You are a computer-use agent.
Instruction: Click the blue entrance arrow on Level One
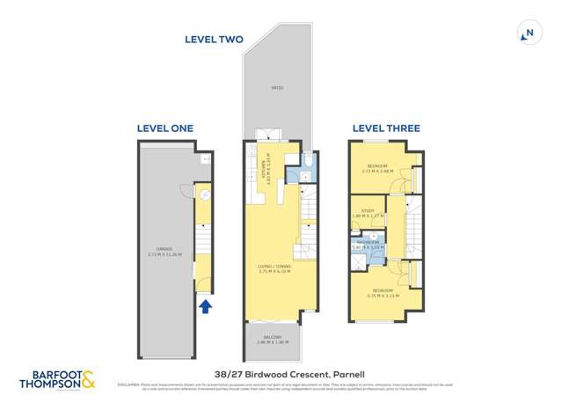(206, 306)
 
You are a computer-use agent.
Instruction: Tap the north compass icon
(528, 33)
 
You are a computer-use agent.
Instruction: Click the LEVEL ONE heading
(164, 128)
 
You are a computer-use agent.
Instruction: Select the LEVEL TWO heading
(214, 39)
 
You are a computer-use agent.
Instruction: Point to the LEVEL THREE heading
(386, 128)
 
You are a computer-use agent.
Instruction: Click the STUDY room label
(368, 211)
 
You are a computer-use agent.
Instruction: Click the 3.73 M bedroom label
(379, 168)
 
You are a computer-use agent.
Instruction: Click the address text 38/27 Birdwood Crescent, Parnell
(281, 373)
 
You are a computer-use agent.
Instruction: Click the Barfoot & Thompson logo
(57, 379)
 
